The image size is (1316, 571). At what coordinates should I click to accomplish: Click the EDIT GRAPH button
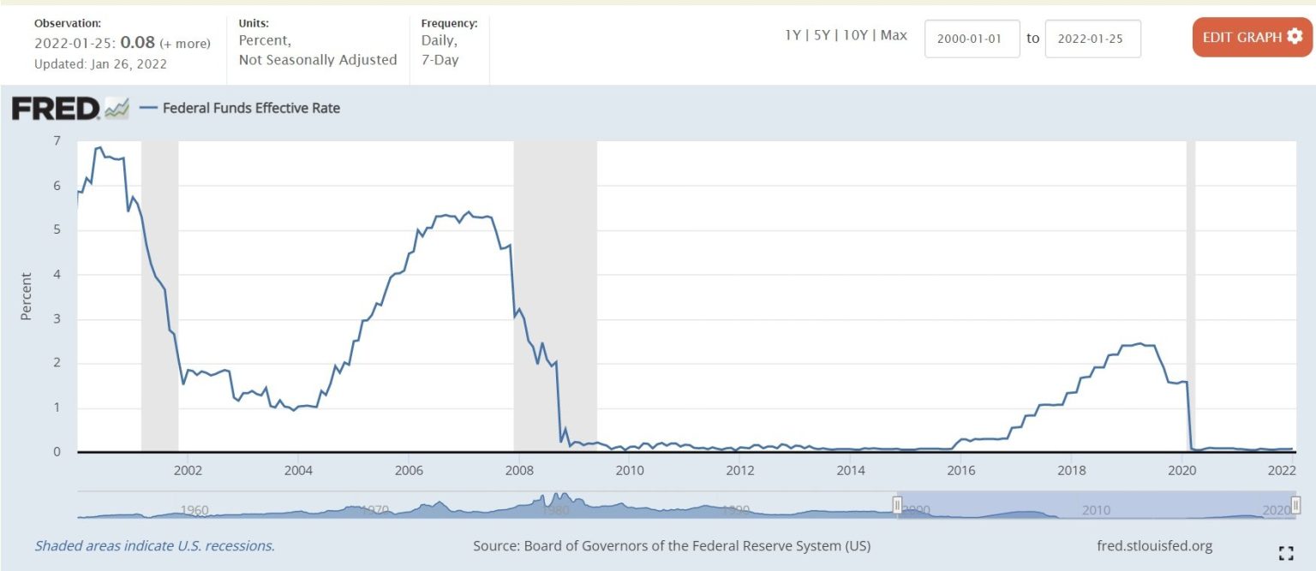pos(1252,38)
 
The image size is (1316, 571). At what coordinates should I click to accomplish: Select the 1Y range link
pos(793,36)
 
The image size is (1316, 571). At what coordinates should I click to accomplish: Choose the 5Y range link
pos(822,36)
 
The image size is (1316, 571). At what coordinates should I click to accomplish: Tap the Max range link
pos(894,36)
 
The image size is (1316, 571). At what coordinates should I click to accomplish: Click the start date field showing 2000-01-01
pos(972,39)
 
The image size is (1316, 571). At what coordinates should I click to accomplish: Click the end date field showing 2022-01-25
pos(1092,39)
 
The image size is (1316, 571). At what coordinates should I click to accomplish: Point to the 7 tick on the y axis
pos(57,141)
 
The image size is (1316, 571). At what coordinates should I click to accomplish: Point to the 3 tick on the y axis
pos(57,319)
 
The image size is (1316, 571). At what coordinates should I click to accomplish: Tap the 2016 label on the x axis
pos(961,471)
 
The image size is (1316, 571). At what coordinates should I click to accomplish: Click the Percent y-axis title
pos(26,296)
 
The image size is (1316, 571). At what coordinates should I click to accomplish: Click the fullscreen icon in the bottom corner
pos(1285,552)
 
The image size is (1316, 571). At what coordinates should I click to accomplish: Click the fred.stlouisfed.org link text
pos(1154,546)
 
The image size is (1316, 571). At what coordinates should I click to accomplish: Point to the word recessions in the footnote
pos(242,546)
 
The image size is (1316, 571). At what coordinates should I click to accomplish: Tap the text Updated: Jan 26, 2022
pos(100,63)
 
